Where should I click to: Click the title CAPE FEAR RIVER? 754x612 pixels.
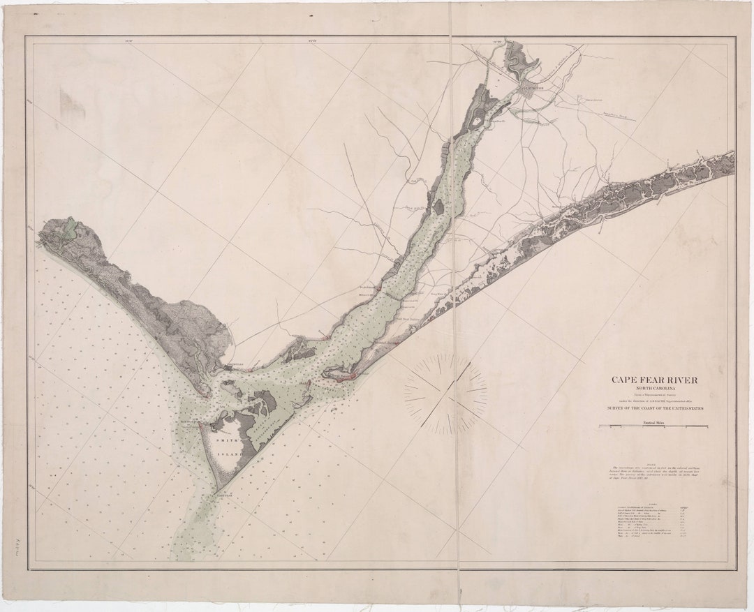[x=654, y=380]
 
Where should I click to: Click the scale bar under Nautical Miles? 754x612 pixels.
[x=653, y=426]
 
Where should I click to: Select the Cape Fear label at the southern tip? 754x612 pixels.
[x=223, y=491]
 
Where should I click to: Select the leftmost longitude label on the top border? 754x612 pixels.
[x=127, y=40]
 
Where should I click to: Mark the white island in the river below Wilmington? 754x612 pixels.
[x=477, y=122]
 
